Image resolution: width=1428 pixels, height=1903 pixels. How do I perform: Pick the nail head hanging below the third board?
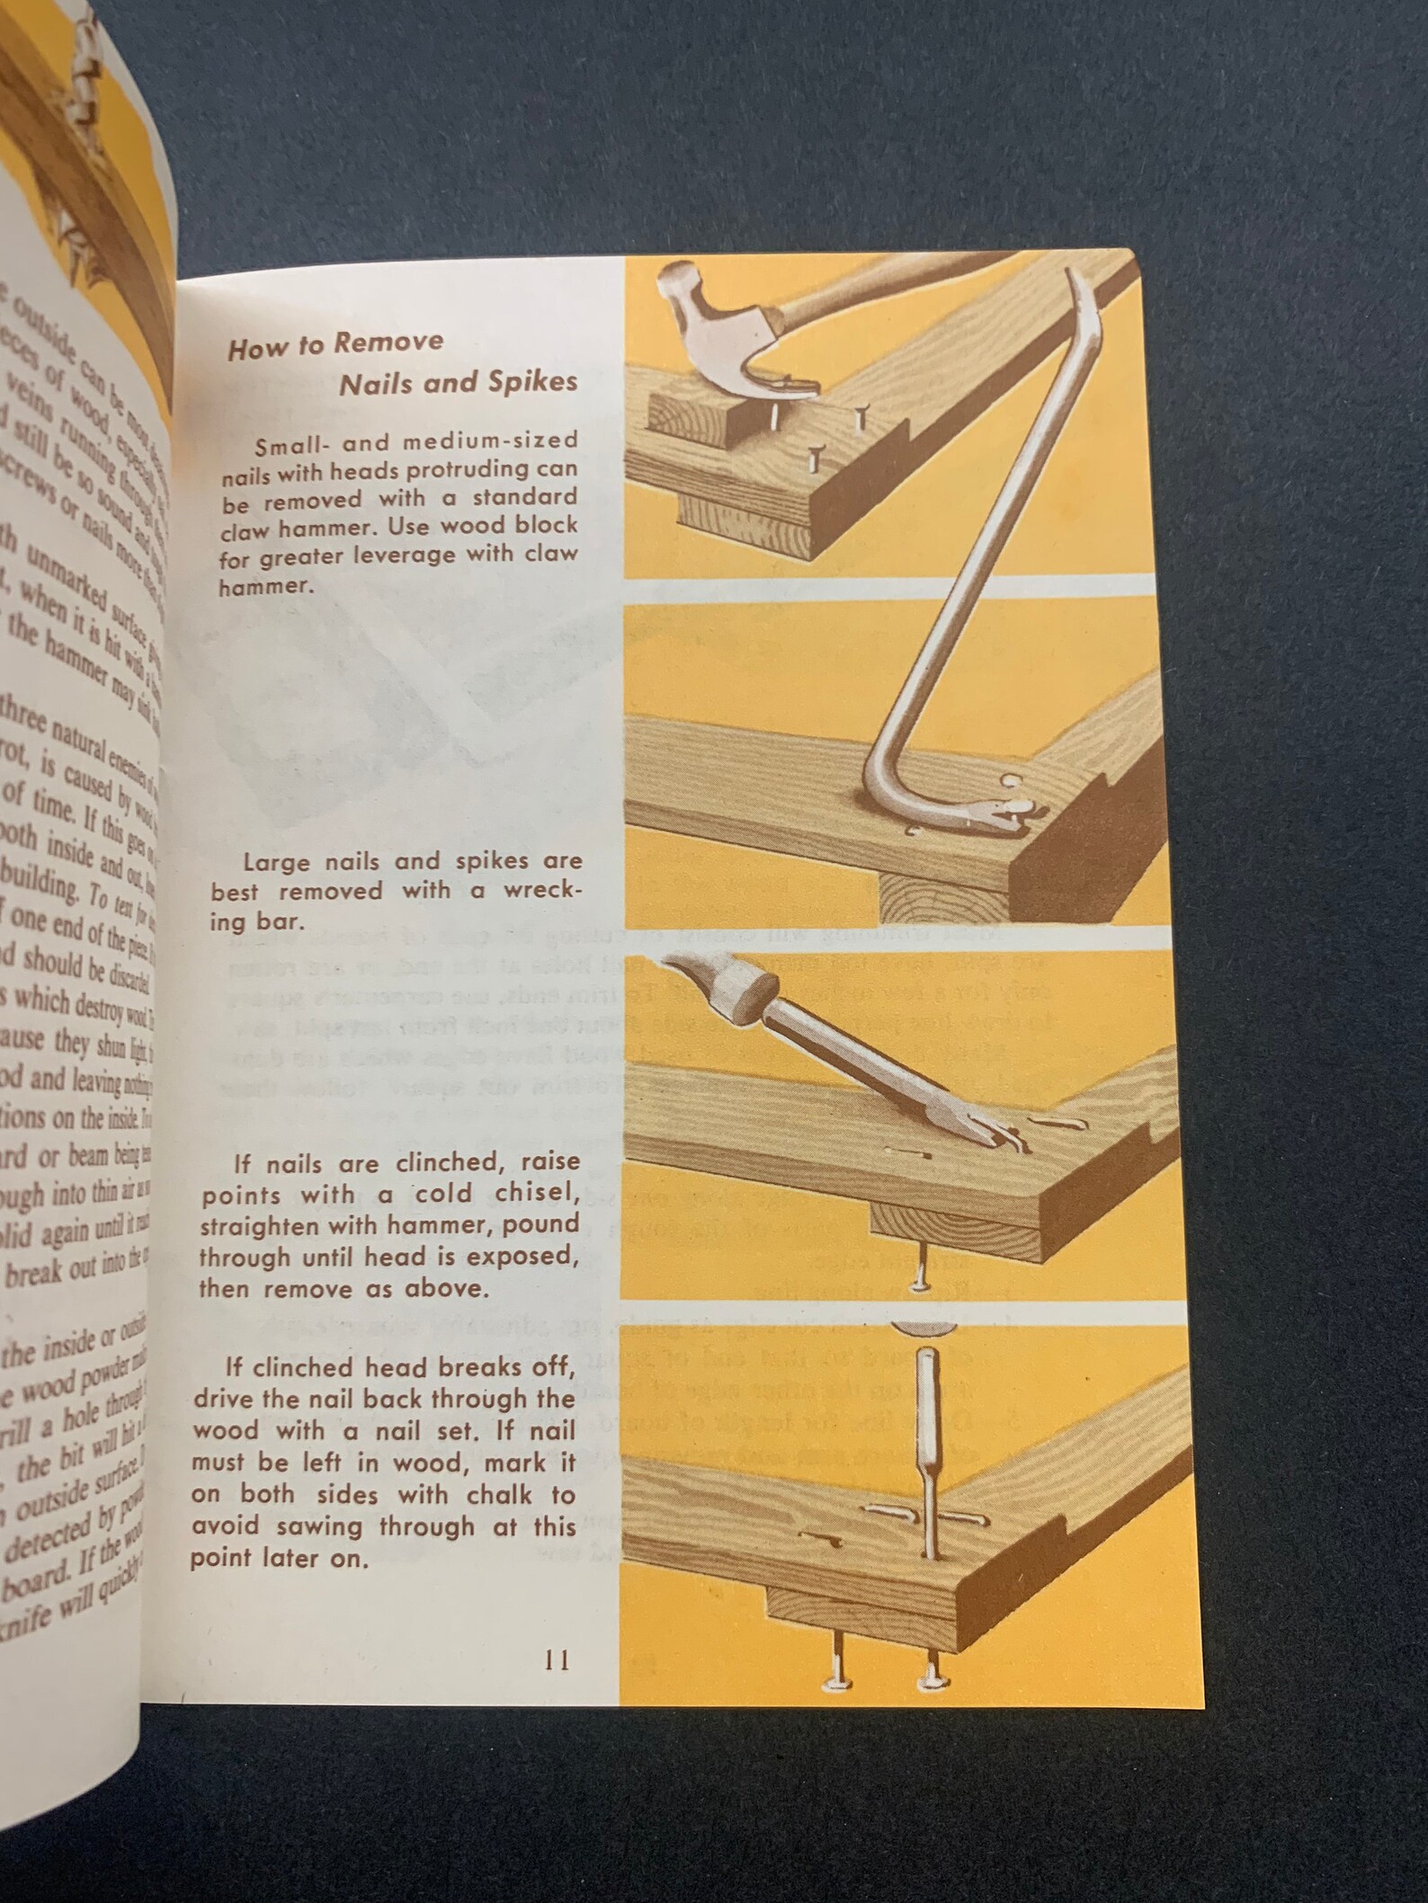click(919, 1287)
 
